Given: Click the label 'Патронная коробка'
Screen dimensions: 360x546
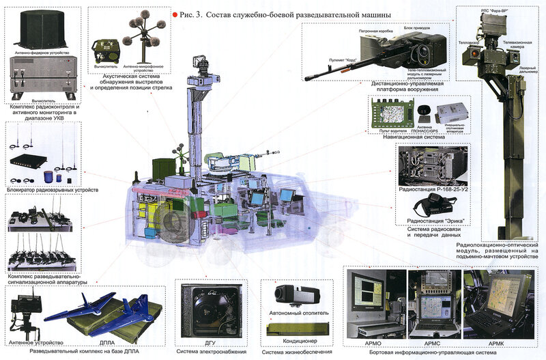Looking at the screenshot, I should [x=375, y=31].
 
